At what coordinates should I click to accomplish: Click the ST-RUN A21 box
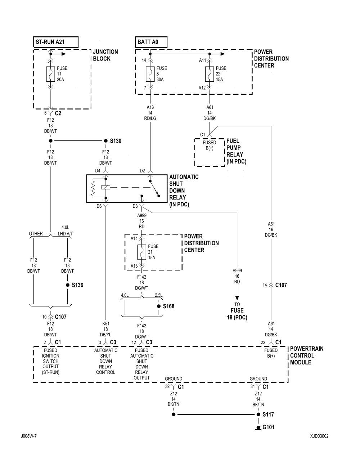tap(56, 42)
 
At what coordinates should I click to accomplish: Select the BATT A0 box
tap(152, 42)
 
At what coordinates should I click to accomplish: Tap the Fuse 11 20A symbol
tap(51, 74)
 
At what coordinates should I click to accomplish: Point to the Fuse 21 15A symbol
tap(141, 252)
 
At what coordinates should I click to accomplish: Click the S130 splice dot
tap(105, 141)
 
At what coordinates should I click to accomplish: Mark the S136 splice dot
tap(67, 285)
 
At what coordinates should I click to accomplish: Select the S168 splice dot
tap(158, 306)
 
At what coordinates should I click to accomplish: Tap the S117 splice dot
tap(258, 415)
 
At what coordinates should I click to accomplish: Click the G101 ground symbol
tap(258, 428)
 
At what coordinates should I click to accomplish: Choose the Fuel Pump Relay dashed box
tap(210, 152)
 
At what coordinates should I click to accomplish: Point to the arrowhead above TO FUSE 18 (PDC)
tap(237, 298)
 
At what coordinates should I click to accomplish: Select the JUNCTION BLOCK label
tap(105, 55)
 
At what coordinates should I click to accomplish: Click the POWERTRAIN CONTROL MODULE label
tap(306, 355)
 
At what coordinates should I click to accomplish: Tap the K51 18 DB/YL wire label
tap(106, 329)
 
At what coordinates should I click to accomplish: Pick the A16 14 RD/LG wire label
tap(150, 113)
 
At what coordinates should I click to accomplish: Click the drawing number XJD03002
tap(319, 436)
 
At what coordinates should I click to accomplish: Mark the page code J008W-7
tap(29, 436)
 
